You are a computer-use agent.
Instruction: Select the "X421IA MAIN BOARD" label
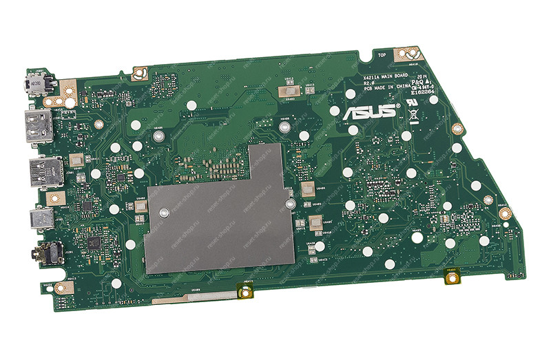389,75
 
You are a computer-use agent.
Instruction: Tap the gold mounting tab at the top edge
408,52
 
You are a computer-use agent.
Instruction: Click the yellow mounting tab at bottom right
453,277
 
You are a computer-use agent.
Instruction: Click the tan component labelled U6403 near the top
289,92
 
